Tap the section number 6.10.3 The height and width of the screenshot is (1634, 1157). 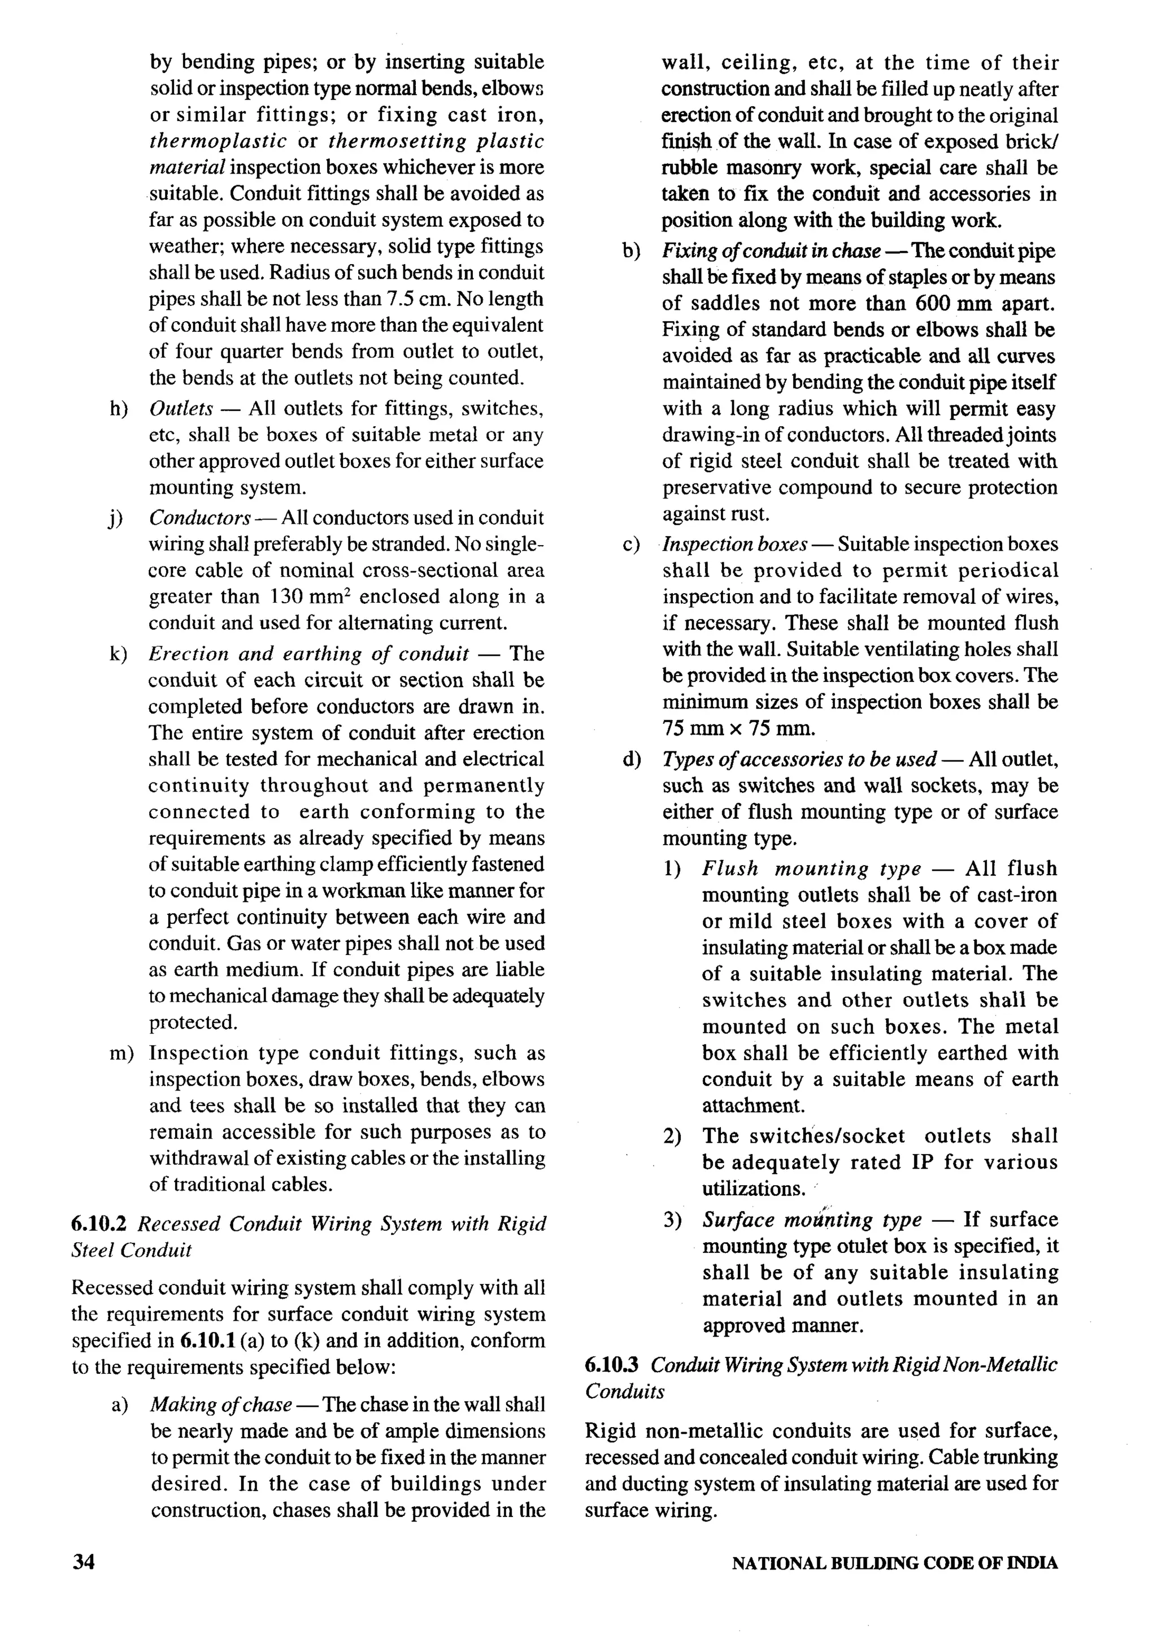coord(612,1364)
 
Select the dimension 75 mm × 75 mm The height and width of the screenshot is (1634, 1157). coord(738,729)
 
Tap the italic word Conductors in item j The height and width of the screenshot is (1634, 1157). coord(199,518)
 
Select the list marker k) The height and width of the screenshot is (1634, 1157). coord(118,654)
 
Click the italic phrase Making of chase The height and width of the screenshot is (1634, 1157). coord(221,1404)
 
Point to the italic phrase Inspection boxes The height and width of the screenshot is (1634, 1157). coord(734,544)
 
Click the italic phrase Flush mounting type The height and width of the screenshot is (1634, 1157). coord(811,869)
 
